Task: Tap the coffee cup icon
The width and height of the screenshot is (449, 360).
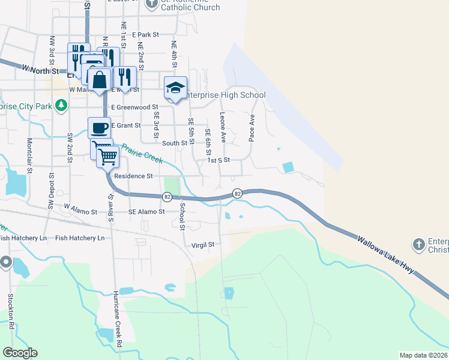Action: coord(100,127)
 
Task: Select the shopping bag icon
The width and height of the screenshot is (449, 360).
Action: coord(99,79)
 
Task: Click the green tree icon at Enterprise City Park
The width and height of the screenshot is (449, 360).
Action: coord(60,106)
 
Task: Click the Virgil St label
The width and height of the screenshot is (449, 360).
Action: coord(202,245)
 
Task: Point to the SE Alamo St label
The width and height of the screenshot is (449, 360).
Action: coord(146,212)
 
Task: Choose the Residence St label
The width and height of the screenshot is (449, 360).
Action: coord(133,176)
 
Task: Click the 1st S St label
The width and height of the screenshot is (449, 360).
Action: coord(218,160)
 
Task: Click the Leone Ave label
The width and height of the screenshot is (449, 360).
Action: coord(223,127)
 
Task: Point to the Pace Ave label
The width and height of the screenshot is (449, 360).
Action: coord(252,127)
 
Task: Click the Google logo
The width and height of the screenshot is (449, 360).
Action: coord(20,353)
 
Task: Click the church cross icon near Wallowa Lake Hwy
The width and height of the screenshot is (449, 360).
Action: coord(419,244)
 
